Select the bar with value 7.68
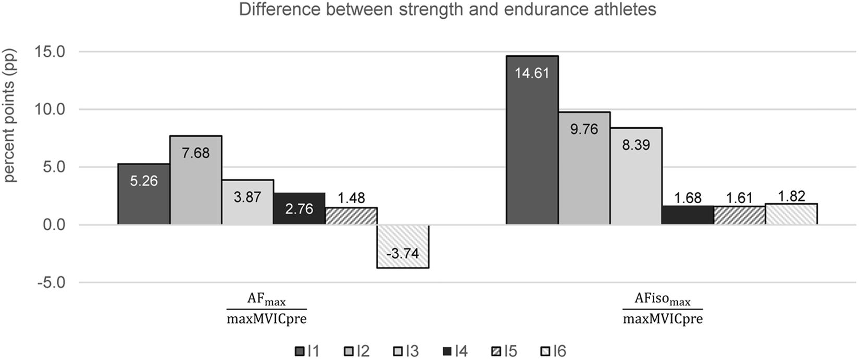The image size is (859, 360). click(x=195, y=180)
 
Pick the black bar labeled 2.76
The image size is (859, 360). click(x=300, y=209)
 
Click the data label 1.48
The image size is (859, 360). click(x=351, y=198)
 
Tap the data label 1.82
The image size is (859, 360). click(x=791, y=196)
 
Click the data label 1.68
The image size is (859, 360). click(x=687, y=198)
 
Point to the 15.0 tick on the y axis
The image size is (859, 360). click(x=49, y=52)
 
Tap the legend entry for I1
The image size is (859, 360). click(x=307, y=351)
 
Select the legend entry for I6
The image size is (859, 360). click(x=553, y=351)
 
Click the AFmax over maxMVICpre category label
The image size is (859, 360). click(x=266, y=309)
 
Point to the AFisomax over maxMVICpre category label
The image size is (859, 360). click(x=662, y=309)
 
